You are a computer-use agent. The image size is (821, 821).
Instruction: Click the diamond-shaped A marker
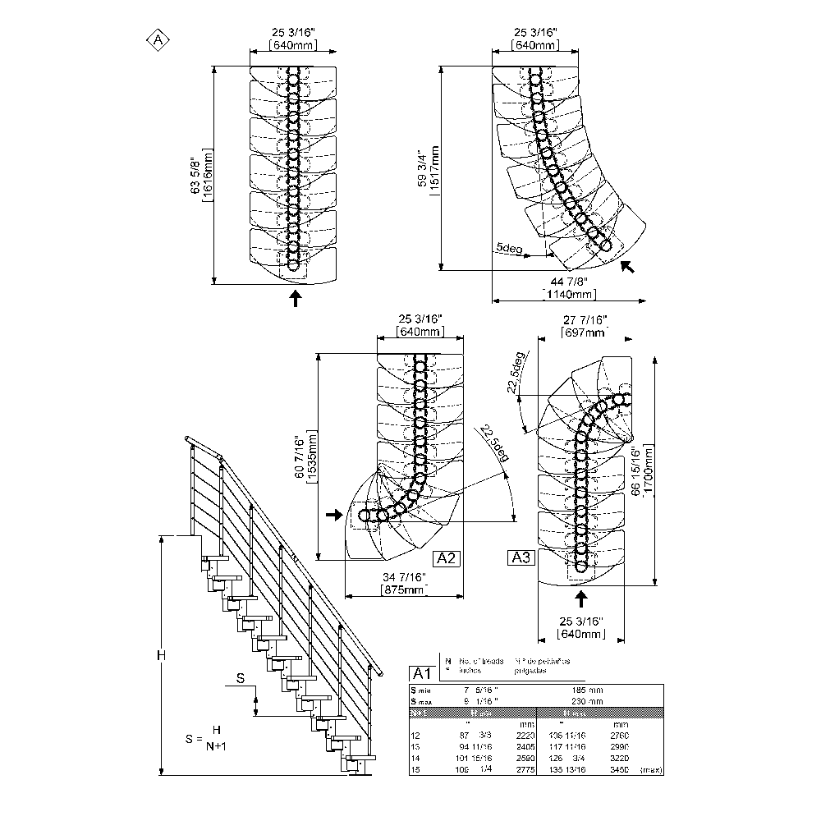156,39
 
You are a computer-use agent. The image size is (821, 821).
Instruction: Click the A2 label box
447,558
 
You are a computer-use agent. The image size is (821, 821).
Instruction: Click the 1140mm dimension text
569,294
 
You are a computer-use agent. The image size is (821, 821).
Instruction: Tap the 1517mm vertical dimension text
434,170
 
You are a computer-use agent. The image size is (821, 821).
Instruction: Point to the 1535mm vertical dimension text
312,458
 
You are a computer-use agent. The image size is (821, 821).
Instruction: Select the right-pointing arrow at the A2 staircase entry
333,515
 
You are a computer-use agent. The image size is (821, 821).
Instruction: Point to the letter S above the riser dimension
240,678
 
